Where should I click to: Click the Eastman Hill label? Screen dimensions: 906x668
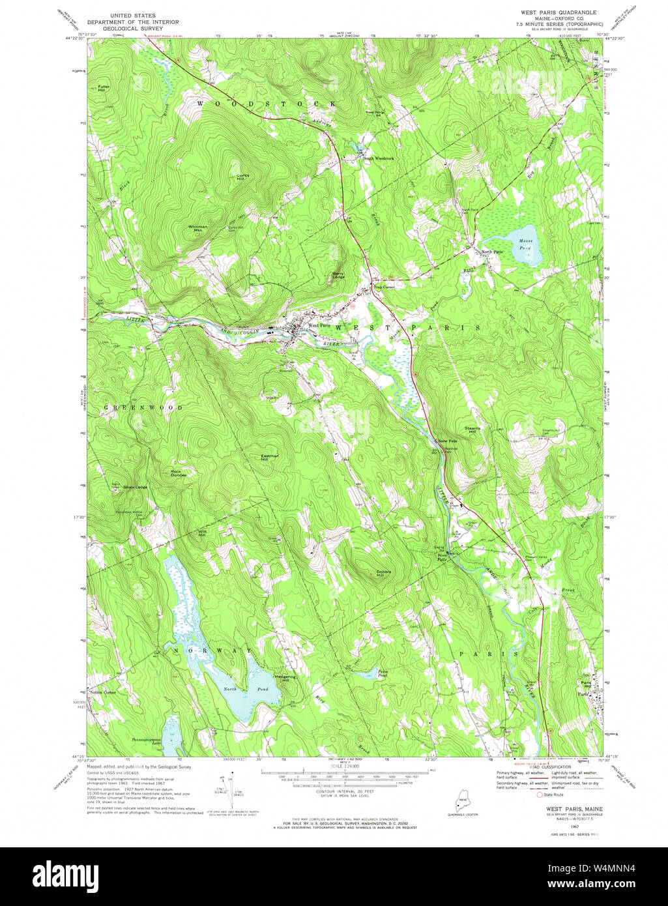click(x=269, y=457)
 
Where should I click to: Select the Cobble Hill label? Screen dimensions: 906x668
click(x=383, y=574)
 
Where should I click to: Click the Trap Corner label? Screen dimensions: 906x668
click(x=384, y=287)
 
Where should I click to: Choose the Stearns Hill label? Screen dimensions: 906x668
click(x=472, y=430)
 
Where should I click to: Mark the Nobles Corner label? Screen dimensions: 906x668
click(x=103, y=692)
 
